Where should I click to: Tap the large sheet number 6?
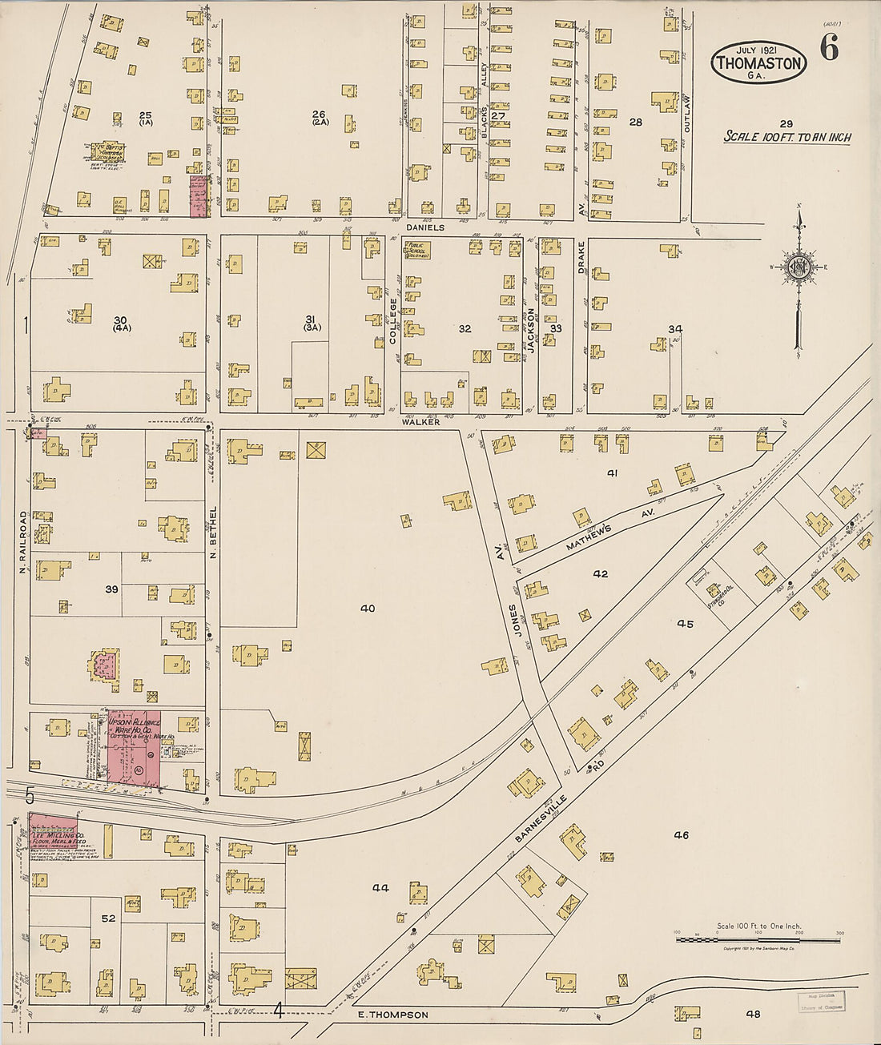(x=829, y=50)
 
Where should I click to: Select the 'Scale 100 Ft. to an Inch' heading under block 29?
(x=786, y=137)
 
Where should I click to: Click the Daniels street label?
(x=424, y=227)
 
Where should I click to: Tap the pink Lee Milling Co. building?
(x=52, y=829)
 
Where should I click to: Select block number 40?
(x=367, y=609)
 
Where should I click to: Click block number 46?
(x=681, y=835)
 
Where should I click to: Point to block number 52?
(x=108, y=918)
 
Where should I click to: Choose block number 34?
(x=675, y=329)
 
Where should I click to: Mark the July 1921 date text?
(x=757, y=48)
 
